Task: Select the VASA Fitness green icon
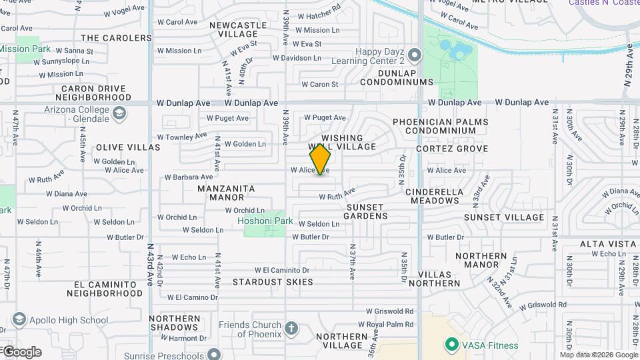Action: tap(451, 345)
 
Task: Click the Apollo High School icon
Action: tap(19, 320)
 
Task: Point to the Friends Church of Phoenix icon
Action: tap(291, 328)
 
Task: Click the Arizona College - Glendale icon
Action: tap(119, 113)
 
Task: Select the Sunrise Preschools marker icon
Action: tap(214, 353)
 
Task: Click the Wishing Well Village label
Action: tap(342, 142)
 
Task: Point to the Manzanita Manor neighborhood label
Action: tap(227, 193)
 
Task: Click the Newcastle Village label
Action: tap(238, 29)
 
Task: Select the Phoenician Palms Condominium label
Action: tap(440, 127)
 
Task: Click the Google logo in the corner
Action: tap(21, 352)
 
